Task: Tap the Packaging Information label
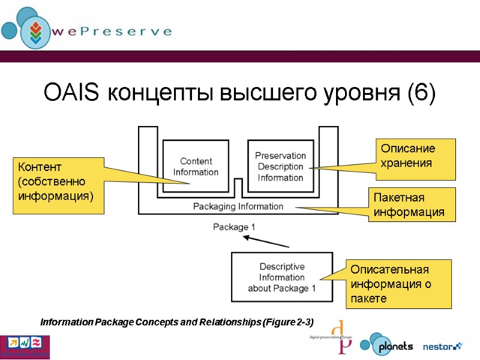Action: pos(238,206)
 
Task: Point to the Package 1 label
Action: pos(234,227)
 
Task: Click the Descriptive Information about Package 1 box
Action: pos(281,277)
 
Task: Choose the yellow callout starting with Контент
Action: pos(57,186)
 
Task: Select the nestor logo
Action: pos(443,346)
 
